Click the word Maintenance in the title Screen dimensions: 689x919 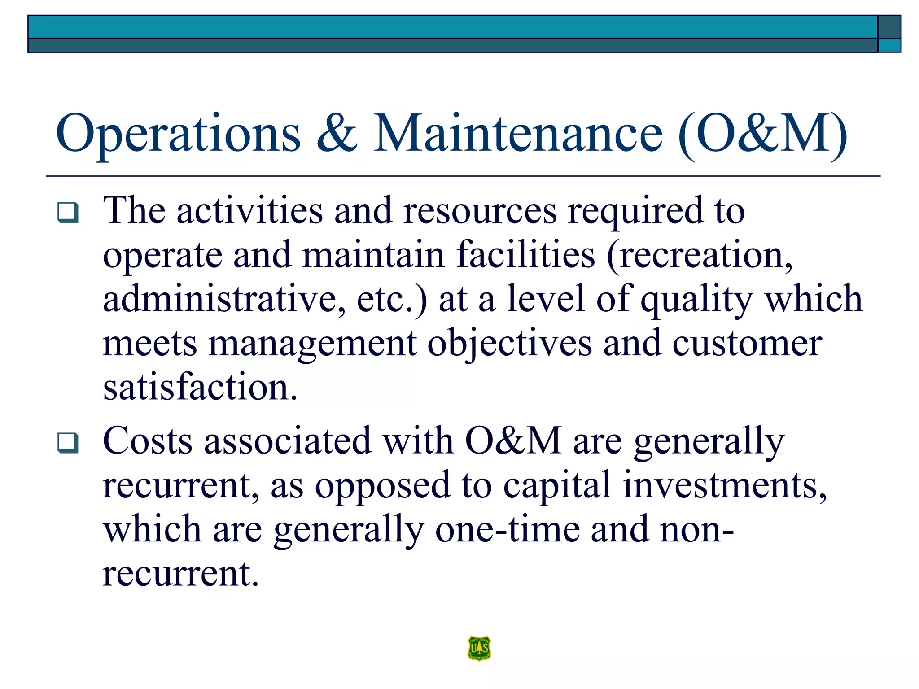pos(518,134)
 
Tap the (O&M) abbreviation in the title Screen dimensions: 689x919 pos(762,134)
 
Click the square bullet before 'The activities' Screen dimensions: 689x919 pos(68,213)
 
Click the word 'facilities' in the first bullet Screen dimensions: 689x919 pos(525,254)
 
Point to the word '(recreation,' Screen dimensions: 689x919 pos(700,254)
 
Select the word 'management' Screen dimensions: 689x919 pos(312,344)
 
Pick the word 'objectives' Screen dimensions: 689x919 pos(509,344)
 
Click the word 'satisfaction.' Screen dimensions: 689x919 pos(200,387)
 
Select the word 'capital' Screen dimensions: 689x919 pos(556,485)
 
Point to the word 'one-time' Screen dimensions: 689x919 pos(507,529)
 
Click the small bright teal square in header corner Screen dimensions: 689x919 pos(889,45)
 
